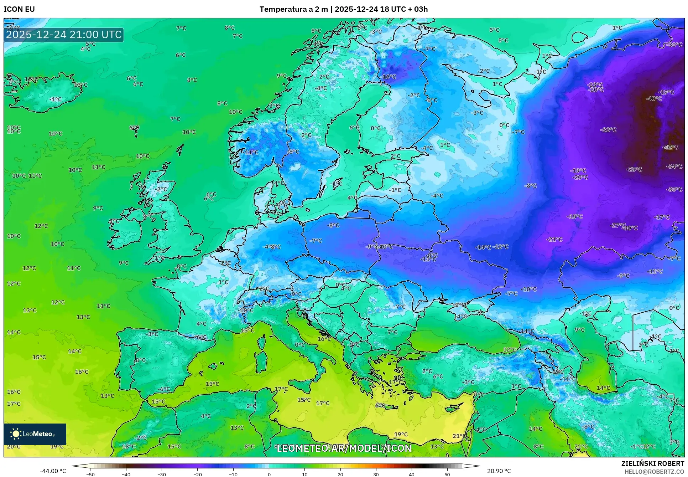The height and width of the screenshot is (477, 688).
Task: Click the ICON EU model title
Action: [19, 9]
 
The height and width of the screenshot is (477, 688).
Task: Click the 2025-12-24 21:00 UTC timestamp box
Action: [64, 35]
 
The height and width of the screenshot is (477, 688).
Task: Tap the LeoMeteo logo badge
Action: [35, 434]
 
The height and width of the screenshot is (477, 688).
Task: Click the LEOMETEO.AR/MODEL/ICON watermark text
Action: [344, 448]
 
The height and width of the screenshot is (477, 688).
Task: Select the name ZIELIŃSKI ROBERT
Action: [652, 463]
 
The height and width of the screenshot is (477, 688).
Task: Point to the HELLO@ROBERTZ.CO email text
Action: [654, 472]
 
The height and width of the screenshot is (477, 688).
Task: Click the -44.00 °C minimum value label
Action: [53, 471]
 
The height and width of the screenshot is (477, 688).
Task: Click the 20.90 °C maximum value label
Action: [499, 471]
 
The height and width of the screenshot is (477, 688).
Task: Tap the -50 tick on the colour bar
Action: [90, 475]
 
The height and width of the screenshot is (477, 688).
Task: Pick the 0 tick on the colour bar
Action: [269, 475]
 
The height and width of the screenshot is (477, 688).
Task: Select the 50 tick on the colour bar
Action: [447, 475]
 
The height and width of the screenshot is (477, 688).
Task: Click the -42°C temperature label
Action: [670, 147]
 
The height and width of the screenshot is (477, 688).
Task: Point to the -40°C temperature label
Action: [654, 99]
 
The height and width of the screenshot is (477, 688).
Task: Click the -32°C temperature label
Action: [608, 130]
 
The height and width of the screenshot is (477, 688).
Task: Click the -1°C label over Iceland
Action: [55, 99]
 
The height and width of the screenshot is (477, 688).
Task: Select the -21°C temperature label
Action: [554, 240]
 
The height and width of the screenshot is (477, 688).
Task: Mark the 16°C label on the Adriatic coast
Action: [324, 339]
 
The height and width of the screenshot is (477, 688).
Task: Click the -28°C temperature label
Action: [634, 169]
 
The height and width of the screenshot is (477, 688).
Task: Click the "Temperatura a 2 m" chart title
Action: [293, 9]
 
